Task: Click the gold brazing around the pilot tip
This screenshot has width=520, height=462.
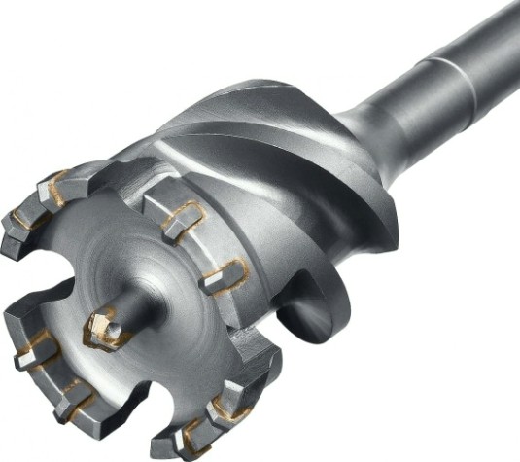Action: coord(97,336)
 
